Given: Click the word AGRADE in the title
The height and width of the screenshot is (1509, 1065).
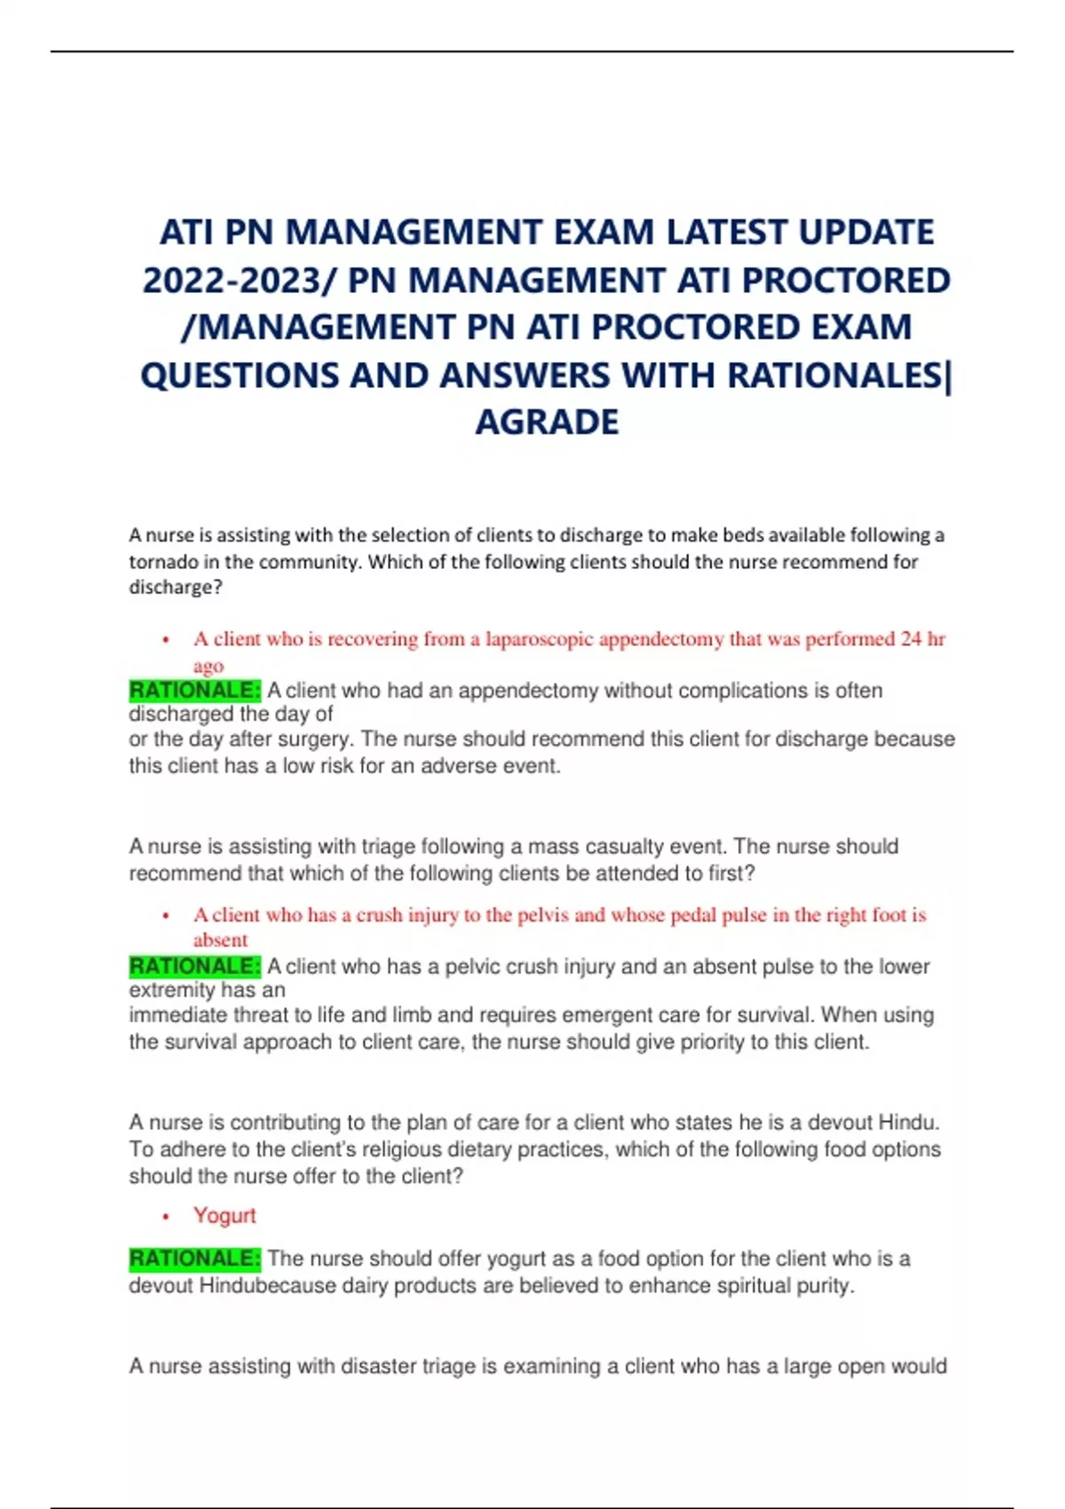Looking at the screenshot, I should point(547,423).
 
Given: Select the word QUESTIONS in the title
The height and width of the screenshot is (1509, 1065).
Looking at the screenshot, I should point(240,375).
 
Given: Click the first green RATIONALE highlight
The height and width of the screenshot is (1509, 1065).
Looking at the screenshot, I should point(194,691).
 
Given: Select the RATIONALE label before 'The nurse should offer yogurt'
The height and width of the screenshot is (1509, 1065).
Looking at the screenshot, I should point(194,1259).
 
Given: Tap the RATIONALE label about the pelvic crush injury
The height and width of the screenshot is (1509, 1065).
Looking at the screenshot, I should point(194,966).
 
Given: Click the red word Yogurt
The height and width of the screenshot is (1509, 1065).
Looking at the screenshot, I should point(225,1215).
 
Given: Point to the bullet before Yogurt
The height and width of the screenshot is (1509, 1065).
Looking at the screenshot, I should point(166,1217).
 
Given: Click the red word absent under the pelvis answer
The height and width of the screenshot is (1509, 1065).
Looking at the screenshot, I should point(220,940).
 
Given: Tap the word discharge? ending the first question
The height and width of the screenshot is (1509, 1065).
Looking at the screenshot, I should point(176,588).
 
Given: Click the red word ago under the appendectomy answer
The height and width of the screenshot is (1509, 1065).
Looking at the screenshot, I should point(208,666).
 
